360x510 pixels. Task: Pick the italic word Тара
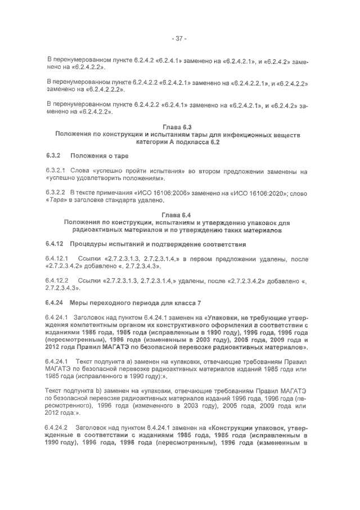coord(58,200)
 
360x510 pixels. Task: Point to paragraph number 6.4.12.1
coord(58,258)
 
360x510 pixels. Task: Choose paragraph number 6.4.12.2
coord(58,280)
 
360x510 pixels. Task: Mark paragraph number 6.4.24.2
coord(57,428)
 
